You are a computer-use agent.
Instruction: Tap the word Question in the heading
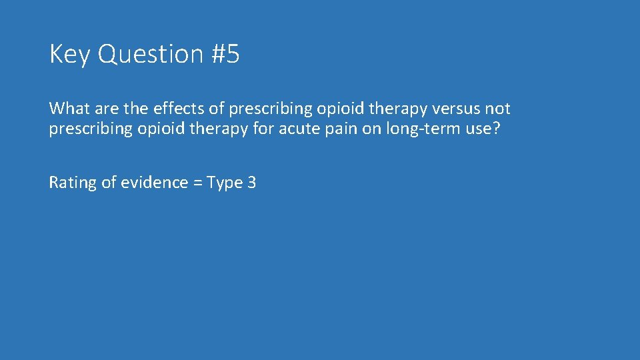(151, 55)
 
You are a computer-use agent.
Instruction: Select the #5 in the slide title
(225, 55)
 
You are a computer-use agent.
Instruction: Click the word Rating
(73, 183)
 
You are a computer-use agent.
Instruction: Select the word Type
(225, 183)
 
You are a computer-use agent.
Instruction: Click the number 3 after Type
(251, 183)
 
